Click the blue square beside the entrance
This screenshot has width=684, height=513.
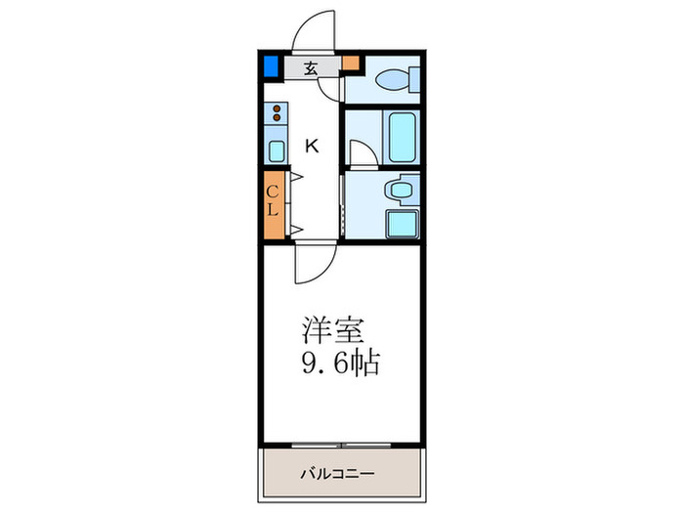pos(271,67)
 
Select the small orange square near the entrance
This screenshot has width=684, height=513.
pos(350,65)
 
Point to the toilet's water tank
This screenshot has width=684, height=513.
pos(414,80)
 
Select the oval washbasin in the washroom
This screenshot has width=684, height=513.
pos(400,189)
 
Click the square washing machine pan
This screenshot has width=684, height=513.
pos(401,223)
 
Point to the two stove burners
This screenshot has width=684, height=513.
pos(277,113)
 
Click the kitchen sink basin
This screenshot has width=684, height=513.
pos(277,150)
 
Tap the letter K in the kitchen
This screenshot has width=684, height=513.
pos(312,147)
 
